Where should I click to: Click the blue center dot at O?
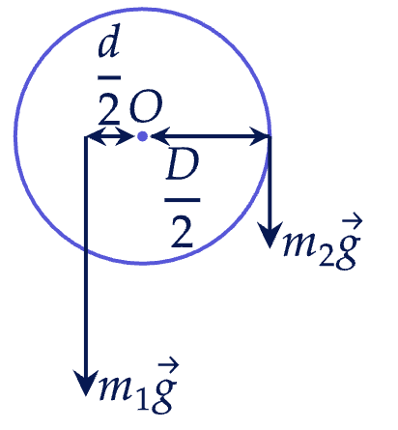142,136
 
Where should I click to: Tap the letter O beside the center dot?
146,109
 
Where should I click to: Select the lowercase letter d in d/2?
109,43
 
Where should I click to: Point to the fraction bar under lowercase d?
109,77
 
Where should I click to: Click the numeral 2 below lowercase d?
109,109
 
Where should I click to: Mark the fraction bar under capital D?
183,200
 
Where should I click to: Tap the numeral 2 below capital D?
182,232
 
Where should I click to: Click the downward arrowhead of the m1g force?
86,382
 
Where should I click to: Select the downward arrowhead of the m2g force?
270,235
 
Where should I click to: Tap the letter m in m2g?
300,244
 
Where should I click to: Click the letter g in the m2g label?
346,250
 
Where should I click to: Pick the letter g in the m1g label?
163,394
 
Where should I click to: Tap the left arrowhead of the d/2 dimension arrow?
96,136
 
